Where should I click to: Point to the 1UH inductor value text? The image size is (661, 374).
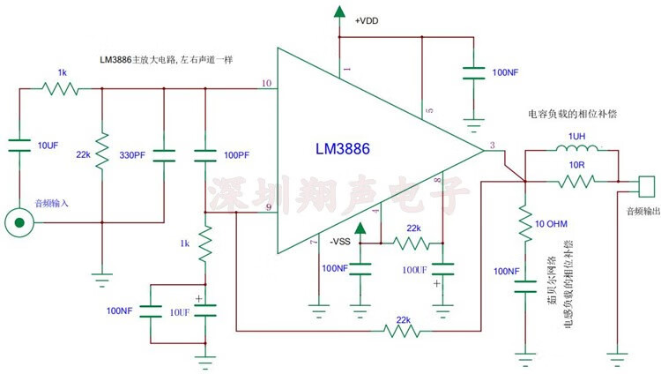[576, 135]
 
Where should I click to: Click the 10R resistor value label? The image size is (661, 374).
[577, 165]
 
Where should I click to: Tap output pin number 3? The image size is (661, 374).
[492, 144]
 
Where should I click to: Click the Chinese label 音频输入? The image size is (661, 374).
[51, 203]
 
